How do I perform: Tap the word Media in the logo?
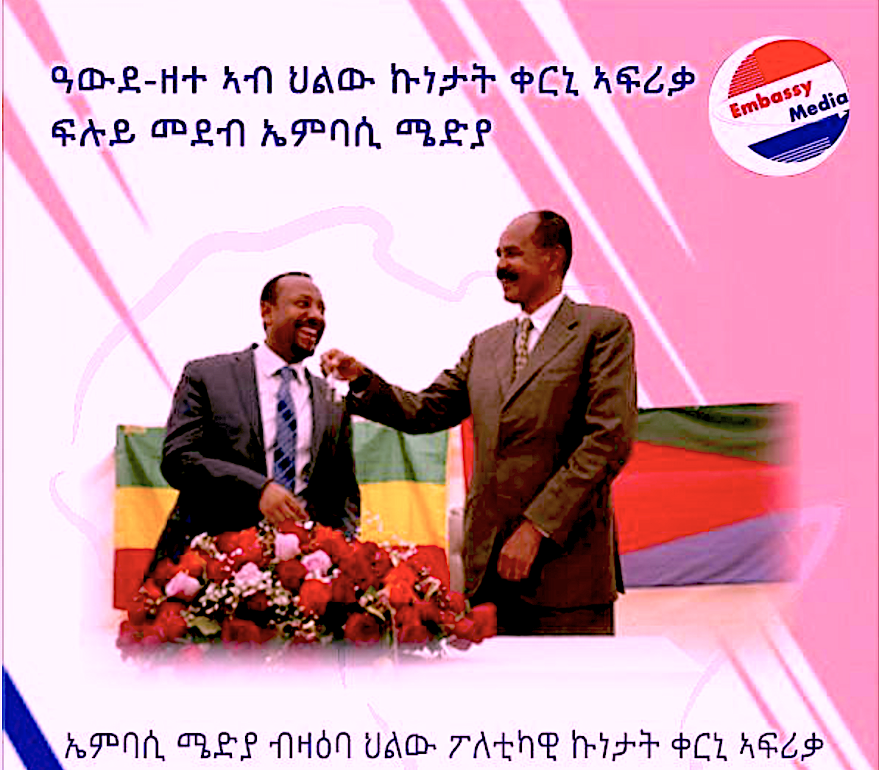tap(819, 107)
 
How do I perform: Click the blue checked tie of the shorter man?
tap(286, 427)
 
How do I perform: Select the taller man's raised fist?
tap(339, 364)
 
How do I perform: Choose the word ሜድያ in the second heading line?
tap(444, 133)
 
